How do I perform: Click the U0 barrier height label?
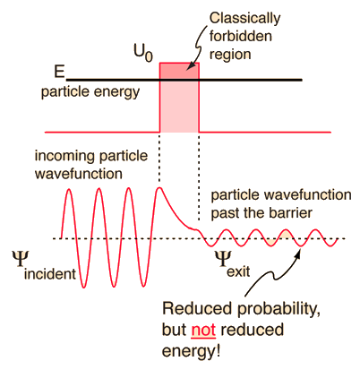coord(143,53)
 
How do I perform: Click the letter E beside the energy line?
coord(59,72)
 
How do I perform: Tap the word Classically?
coord(244,19)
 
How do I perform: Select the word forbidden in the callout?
coord(241,36)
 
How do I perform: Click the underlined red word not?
coord(203,330)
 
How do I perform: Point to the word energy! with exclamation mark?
coord(191,350)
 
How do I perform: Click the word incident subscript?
coord(50,274)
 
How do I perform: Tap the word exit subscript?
coord(238,271)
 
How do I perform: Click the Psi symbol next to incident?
coord(21,259)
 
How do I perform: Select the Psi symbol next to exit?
coord(223,259)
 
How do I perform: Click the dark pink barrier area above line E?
coord(179,71)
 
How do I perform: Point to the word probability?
coord(279,309)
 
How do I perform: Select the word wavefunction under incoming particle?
coord(79,174)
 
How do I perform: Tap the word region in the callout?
coord(230,55)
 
